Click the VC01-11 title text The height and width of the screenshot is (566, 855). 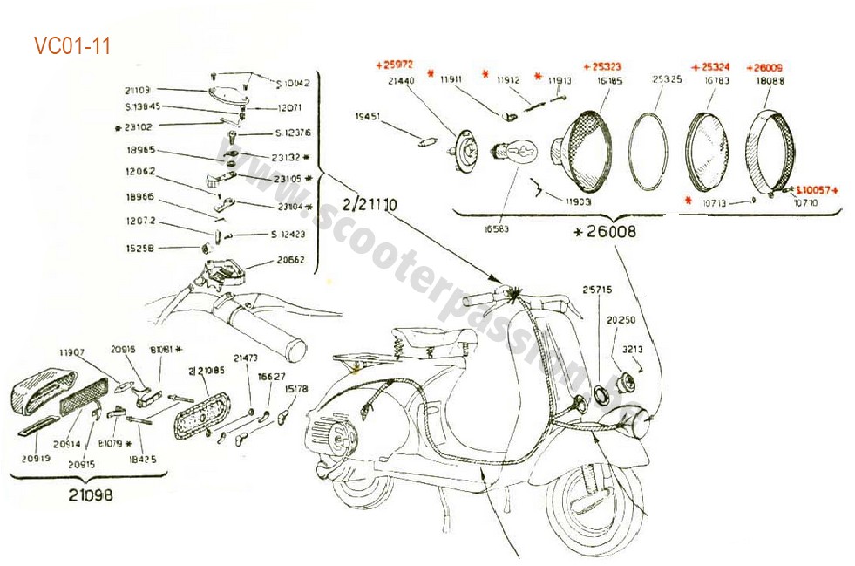click(x=72, y=46)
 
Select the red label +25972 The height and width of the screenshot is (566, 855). click(x=394, y=65)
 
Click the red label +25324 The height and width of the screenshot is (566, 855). click(x=709, y=66)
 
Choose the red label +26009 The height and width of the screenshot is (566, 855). click(x=769, y=66)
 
